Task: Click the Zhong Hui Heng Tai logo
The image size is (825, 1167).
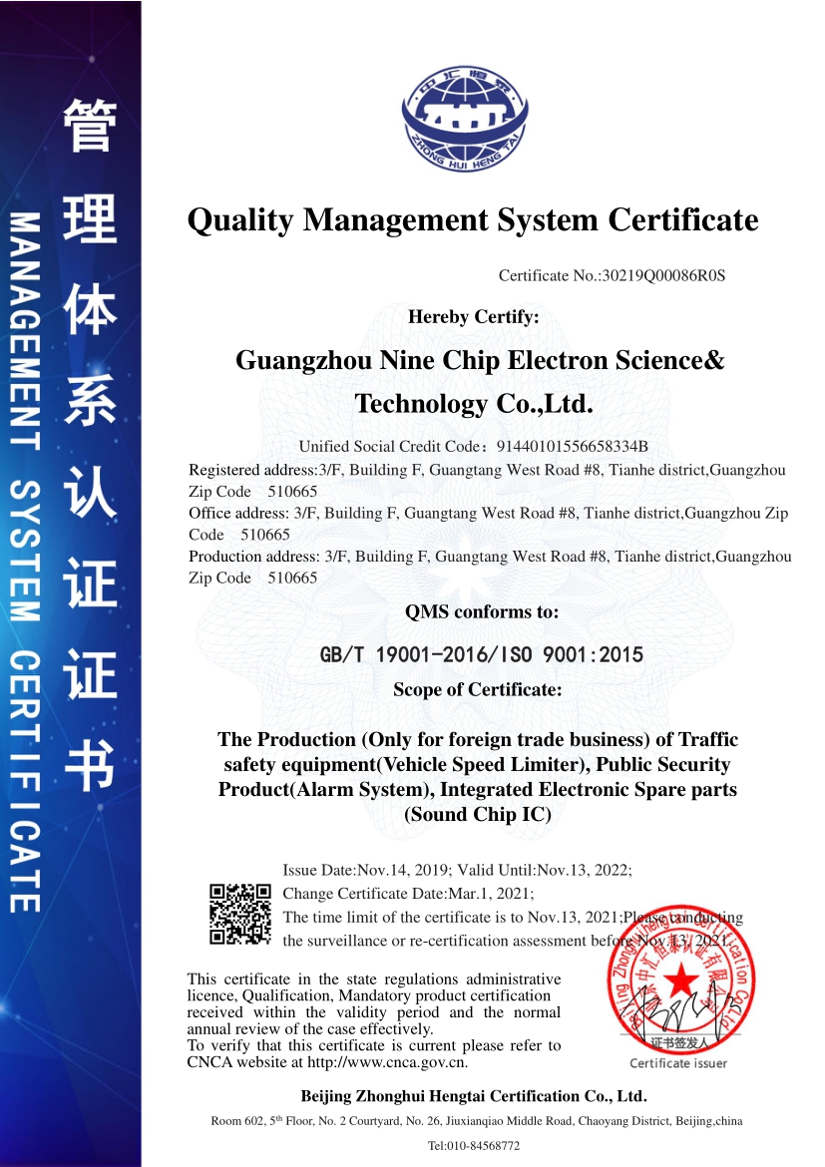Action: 465,119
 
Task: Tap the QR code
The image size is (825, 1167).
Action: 239,914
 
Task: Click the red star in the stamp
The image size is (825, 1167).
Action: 681,981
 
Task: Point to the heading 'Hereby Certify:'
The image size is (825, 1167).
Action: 474,317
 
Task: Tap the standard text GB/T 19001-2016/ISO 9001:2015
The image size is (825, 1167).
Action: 481,655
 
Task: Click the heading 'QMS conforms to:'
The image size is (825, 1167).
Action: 481,611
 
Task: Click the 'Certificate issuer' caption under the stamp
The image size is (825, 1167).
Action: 678,1063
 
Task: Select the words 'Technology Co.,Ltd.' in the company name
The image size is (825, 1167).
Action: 474,404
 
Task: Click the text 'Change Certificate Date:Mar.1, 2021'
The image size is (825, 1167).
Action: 408,893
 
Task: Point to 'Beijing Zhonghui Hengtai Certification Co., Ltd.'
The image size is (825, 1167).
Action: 474,1096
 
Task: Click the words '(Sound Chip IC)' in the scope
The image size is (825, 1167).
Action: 477,814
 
